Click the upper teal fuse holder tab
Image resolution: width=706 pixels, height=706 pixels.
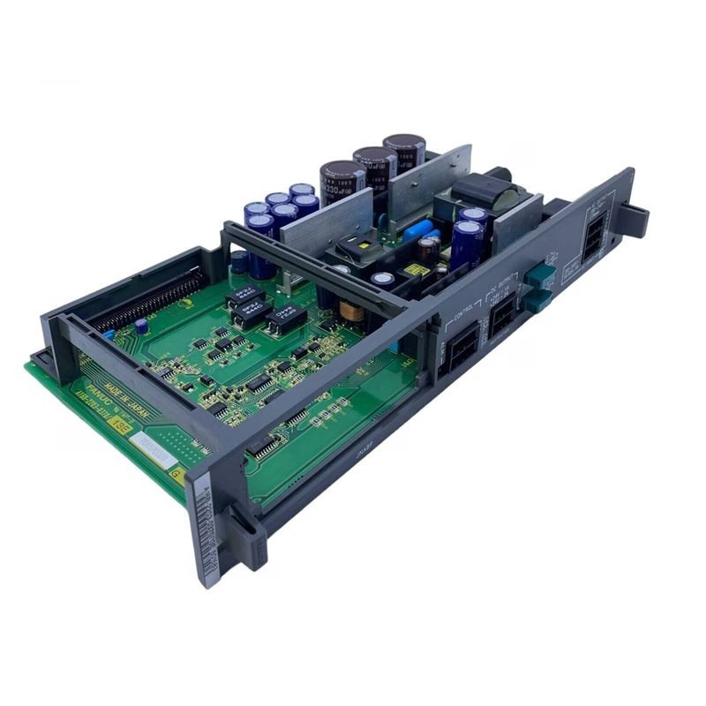click(x=536, y=276)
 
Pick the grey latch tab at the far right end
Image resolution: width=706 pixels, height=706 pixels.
click(x=637, y=214)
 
